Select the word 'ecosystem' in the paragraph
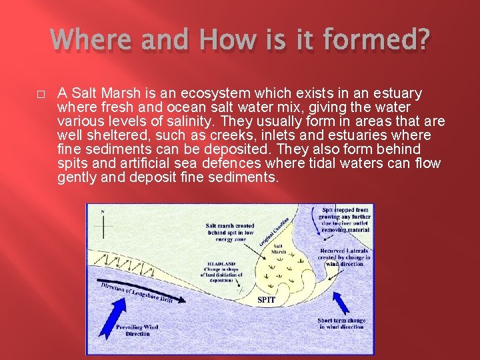(x=177, y=93)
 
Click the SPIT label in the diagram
(x=266, y=300)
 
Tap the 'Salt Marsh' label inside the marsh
(x=279, y=249)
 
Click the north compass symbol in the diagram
(x=103, y=224)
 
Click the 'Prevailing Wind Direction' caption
(x=138, y=330)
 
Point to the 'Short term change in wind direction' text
(x=341, y=324)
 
